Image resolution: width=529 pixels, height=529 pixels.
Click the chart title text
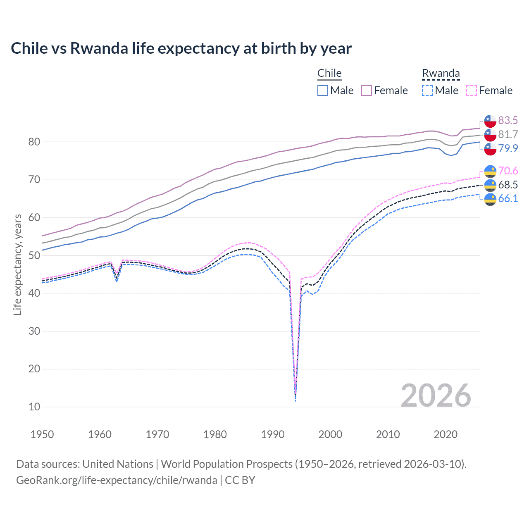181,48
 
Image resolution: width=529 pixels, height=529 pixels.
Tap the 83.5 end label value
508,120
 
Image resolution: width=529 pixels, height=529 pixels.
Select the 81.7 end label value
508,134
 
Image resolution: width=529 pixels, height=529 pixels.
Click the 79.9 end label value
508,148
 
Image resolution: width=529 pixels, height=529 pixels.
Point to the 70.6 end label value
508,171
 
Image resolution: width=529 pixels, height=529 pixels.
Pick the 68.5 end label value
508,185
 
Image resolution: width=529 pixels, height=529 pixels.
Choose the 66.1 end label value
508,198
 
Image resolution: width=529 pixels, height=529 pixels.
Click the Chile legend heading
329,73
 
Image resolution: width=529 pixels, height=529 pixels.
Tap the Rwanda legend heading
441,73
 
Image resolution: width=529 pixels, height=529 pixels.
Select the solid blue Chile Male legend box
323,91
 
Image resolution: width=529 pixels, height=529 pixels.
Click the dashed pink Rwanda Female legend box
472,91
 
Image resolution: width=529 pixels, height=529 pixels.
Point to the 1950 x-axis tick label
42,434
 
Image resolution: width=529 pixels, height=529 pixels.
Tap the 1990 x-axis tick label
273,434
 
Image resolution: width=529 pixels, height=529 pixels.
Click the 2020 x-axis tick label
446,434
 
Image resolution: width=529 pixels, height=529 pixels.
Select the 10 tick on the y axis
34,407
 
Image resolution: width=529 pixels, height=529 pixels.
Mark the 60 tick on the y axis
34,217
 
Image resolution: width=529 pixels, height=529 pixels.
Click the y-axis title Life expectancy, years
17,264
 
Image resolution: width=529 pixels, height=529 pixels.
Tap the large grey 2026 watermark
436,396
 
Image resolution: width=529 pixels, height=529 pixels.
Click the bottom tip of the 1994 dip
295,400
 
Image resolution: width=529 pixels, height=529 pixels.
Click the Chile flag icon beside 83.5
490,121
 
